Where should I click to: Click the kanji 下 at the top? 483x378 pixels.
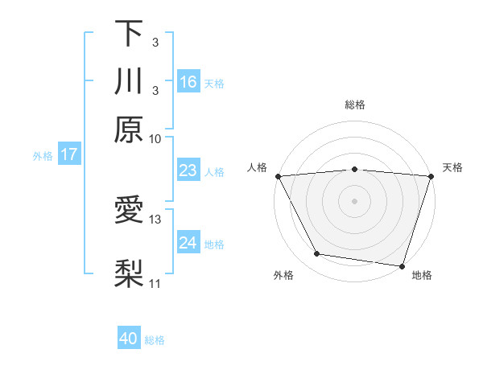(x=129, y=33)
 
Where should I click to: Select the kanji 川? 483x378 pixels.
(x=129, y=81)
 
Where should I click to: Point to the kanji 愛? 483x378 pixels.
(x=129, y=212)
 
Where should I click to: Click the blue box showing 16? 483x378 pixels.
(x=188, y=82)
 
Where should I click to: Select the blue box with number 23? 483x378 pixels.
(x=188, y=171)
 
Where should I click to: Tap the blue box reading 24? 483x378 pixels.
(x=188, y=243)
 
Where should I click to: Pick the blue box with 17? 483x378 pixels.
(x=68, y=154)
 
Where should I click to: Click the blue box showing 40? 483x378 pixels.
(x=129, y=339)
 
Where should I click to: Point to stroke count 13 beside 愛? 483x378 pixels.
(x=155, y=219)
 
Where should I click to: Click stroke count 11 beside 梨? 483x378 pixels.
(x=155, y=283)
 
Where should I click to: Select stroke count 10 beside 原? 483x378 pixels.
(x=155, y=138)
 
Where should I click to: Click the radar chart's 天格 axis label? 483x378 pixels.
(x=453, y=167)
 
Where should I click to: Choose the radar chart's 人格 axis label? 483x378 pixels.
(x=257, y=167)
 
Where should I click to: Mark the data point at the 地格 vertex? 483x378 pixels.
(x=402, y=266)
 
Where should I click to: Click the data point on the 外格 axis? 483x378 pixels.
(x=317, y=254)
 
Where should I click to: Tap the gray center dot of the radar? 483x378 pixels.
(x=355, y=200)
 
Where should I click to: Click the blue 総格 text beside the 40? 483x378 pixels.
(x=155, y=340)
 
